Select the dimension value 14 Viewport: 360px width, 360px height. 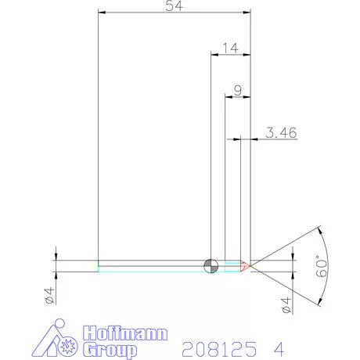[x=230, y=49]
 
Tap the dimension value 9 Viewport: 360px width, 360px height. [x=237, y=90]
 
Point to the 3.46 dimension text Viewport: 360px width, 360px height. [x=280, y=134]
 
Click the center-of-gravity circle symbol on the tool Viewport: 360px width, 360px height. [x=211, y=266]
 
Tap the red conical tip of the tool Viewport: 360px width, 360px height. [x=245, y=266]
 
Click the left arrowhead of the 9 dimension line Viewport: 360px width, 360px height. [x=229, y=97]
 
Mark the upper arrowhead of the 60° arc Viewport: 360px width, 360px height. [x=319, y=231]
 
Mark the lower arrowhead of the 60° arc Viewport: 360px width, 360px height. [x=319, y=301]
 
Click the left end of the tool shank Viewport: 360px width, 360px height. [x=99, y=266]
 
